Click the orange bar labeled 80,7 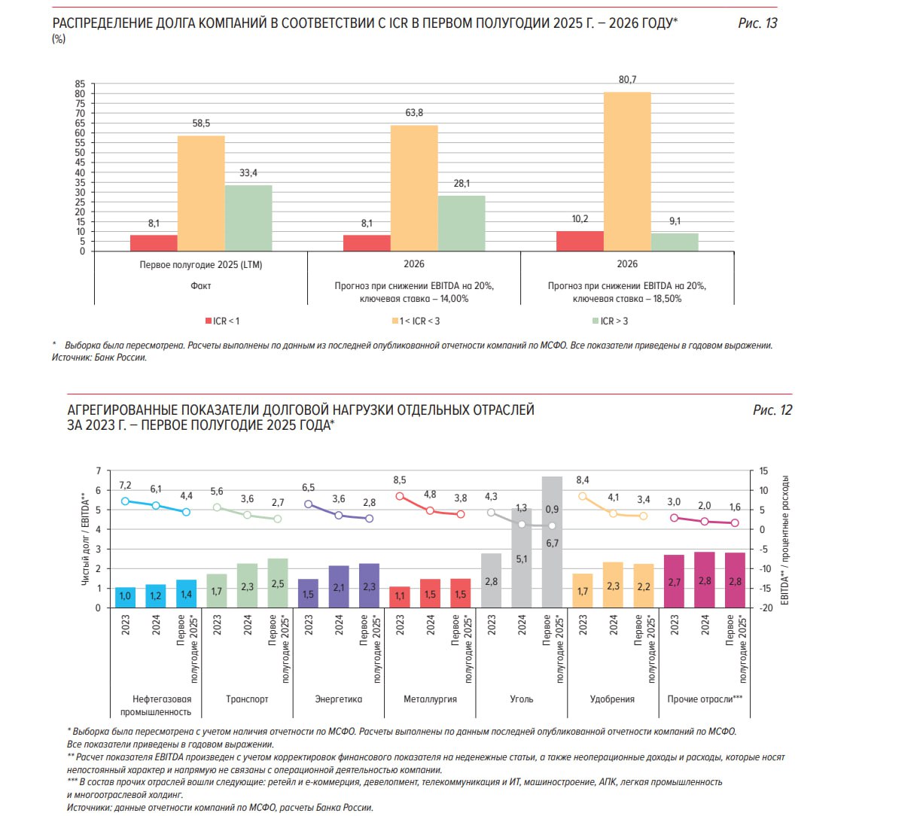627,172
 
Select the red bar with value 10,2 580,241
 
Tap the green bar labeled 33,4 248,218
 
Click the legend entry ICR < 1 222,321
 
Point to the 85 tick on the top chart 80,84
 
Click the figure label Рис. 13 757,23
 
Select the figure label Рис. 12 772,410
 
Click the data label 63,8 414,113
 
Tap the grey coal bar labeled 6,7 552,542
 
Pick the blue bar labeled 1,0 125,597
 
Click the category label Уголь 522,699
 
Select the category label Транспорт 247,699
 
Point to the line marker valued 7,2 125,501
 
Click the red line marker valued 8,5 400,496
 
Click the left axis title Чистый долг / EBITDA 85,539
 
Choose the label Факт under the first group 201,286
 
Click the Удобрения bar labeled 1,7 583,591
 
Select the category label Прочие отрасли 705,699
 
